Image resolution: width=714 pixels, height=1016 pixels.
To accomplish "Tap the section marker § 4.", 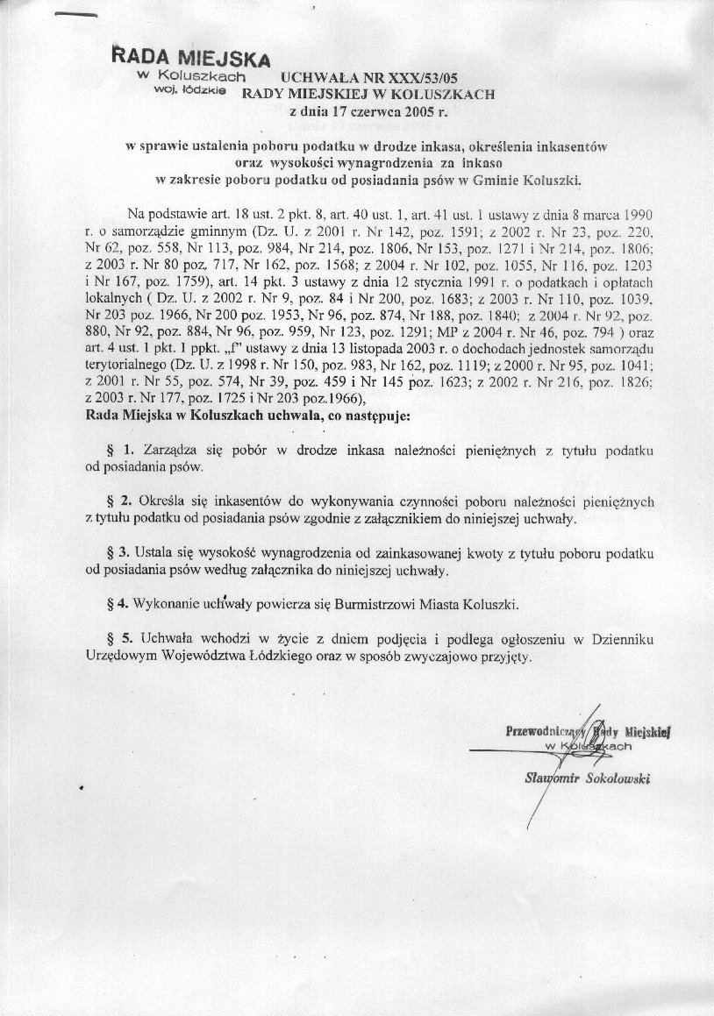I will coord(114,606).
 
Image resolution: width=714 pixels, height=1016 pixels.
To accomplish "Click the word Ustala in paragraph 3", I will coord(158,554).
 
